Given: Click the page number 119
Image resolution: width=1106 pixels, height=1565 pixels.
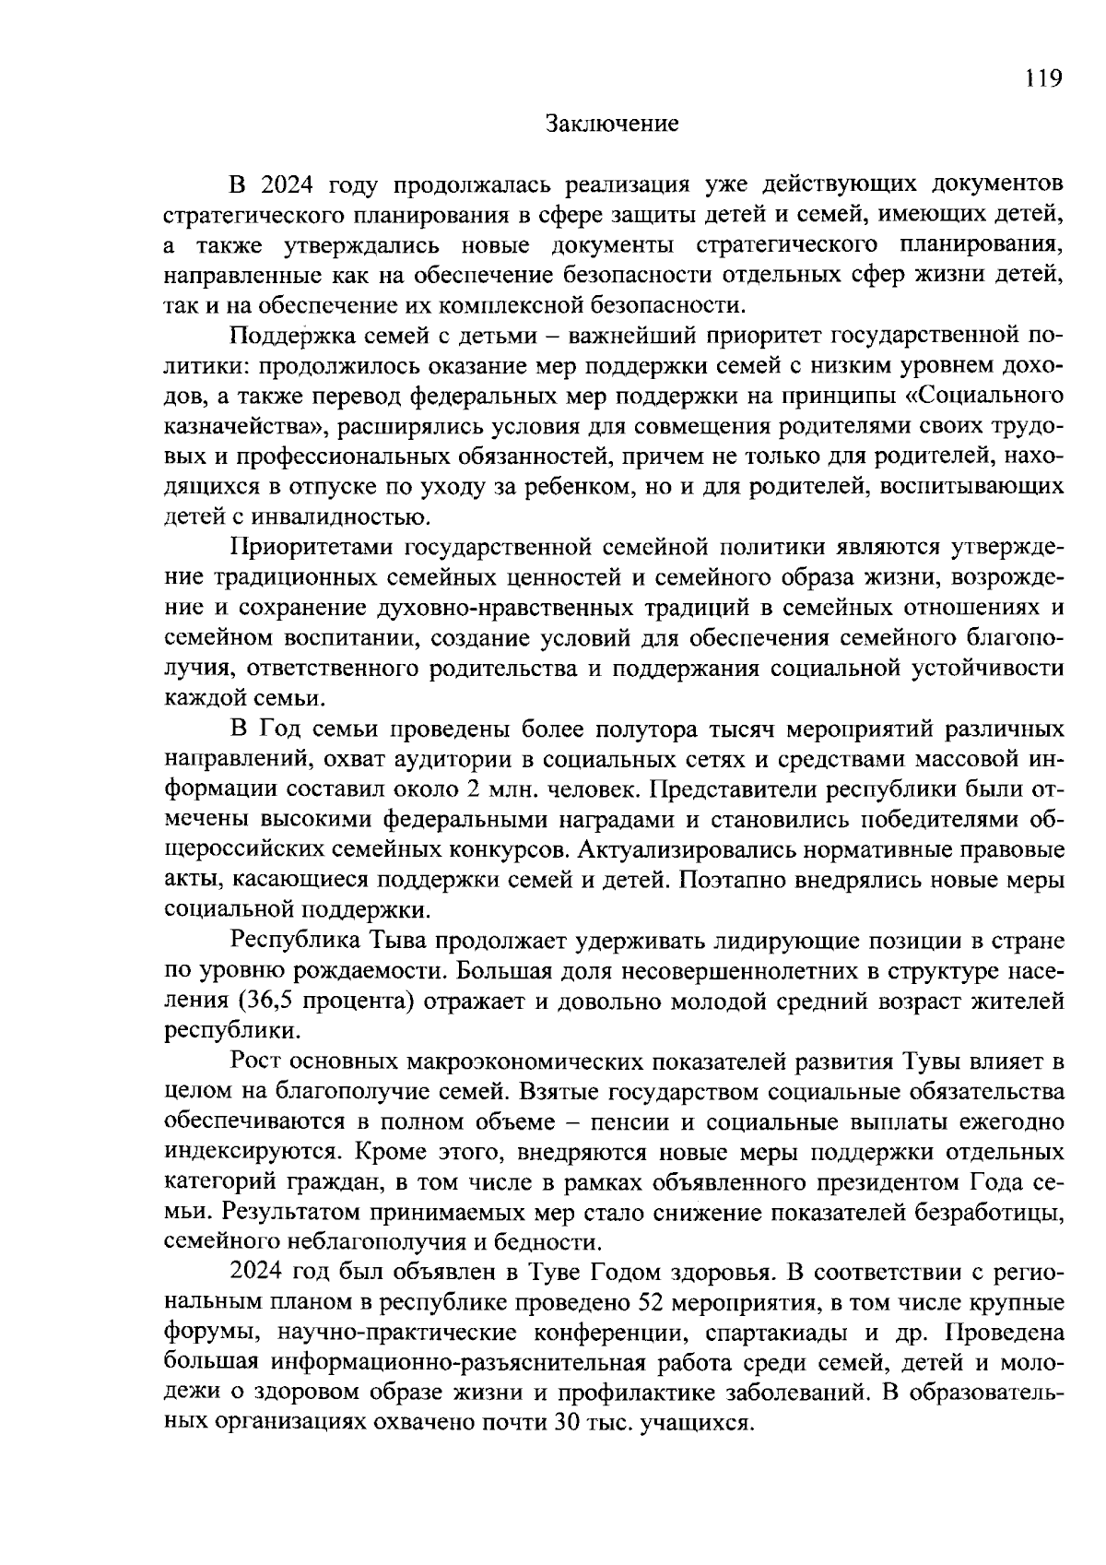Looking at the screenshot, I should [1044, 78].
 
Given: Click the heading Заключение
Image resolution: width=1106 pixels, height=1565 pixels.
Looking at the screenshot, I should [612, 124].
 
